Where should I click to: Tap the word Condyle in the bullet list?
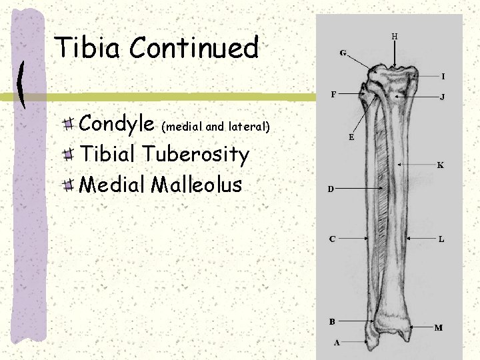point(117,124)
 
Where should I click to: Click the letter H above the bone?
point(394,36)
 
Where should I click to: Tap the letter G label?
point(343,53)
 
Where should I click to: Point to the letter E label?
point(351,138)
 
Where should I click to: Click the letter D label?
point(330,189)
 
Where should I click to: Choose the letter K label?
point(440,165)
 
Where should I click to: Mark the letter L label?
point(441,238)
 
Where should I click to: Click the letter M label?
point(439,327)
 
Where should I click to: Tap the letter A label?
point(337,343)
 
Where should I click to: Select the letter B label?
point(331,321)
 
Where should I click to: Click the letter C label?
point(331,238)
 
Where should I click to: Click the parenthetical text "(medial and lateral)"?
point(216,125)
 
